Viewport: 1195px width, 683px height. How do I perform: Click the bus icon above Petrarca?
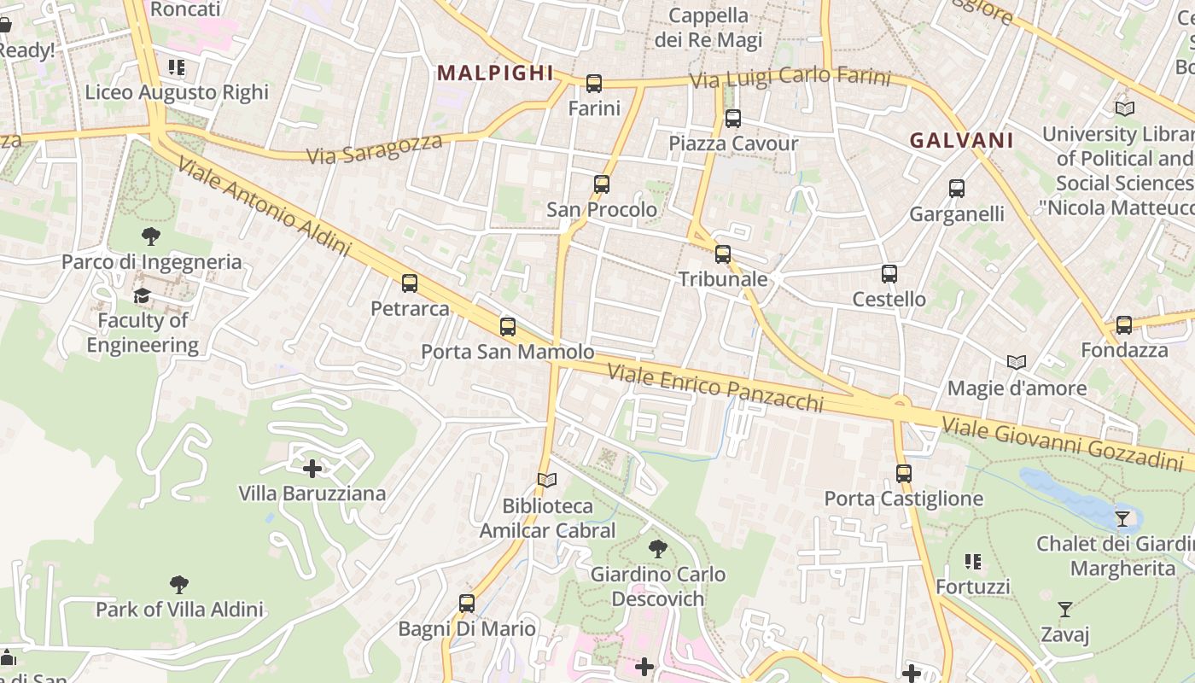pos(410,283)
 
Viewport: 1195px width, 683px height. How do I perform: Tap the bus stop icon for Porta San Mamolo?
pos(508,326)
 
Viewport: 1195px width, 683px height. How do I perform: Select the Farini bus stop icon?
pos(594,84)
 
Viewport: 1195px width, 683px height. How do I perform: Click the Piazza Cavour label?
pos(733,143)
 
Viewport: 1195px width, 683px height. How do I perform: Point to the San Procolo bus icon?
pos(602,184)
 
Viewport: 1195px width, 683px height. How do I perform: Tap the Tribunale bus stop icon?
pos(723,254)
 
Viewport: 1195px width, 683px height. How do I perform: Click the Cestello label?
pos(889,299)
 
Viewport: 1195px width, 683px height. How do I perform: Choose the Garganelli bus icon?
pos(957,189)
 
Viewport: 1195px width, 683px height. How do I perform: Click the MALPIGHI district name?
pos(496,73)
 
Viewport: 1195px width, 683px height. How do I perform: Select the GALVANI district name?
pos(962,141)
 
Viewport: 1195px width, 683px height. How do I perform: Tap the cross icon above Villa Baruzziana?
pos(312,468)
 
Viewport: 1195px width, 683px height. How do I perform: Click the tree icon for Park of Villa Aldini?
pos(178,585)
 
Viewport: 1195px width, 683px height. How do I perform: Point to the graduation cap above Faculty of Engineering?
pos(142,295)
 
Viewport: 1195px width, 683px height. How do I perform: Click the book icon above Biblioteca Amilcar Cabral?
pos(547,481)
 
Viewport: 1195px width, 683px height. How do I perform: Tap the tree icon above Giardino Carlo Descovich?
pos(657,548)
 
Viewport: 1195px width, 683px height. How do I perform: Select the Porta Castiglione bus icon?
pos(904,473)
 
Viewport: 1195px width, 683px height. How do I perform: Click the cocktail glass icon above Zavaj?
pos(1065,610)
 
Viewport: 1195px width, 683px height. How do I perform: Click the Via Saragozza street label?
pos(376,149)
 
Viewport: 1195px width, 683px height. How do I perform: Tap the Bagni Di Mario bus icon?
pos(467,604)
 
